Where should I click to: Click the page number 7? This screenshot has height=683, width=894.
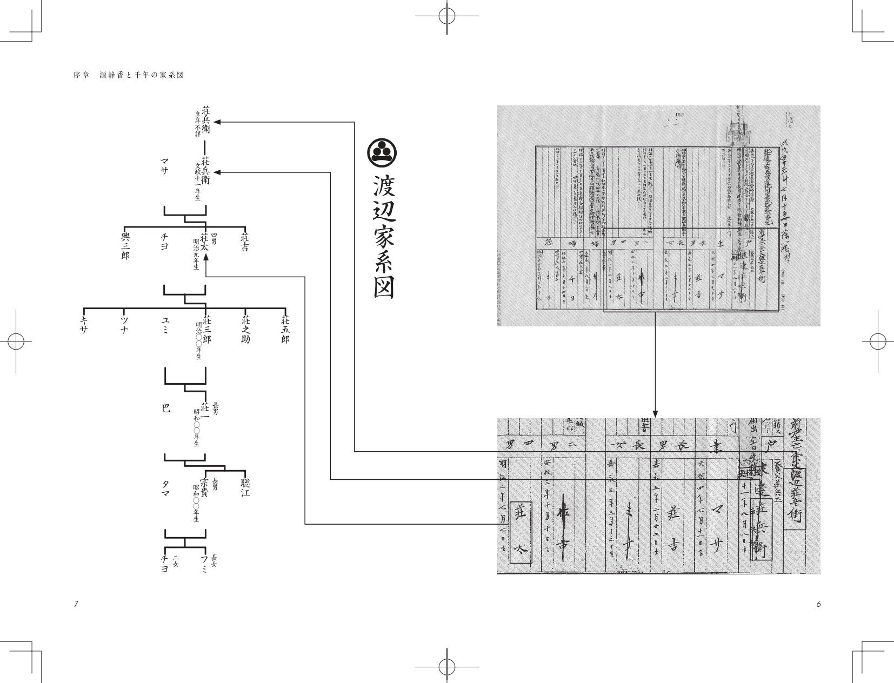pos(76,604)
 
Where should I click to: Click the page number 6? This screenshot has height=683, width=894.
pos(818,604)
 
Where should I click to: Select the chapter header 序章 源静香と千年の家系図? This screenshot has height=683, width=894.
pos(129,75)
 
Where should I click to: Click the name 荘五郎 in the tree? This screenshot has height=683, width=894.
pos(285,328)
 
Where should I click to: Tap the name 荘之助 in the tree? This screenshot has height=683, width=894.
pos(245,328)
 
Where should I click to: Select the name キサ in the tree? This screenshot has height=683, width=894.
pos(84,324)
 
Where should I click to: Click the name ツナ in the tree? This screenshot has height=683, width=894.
pos(124,324)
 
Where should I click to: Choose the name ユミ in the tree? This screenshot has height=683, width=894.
pos(165,324)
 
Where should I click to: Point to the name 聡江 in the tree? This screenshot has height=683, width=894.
pos(245,486)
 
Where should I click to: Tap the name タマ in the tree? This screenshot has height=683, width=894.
pos(165,491)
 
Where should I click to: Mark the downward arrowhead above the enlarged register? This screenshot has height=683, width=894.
pos(655,413)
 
